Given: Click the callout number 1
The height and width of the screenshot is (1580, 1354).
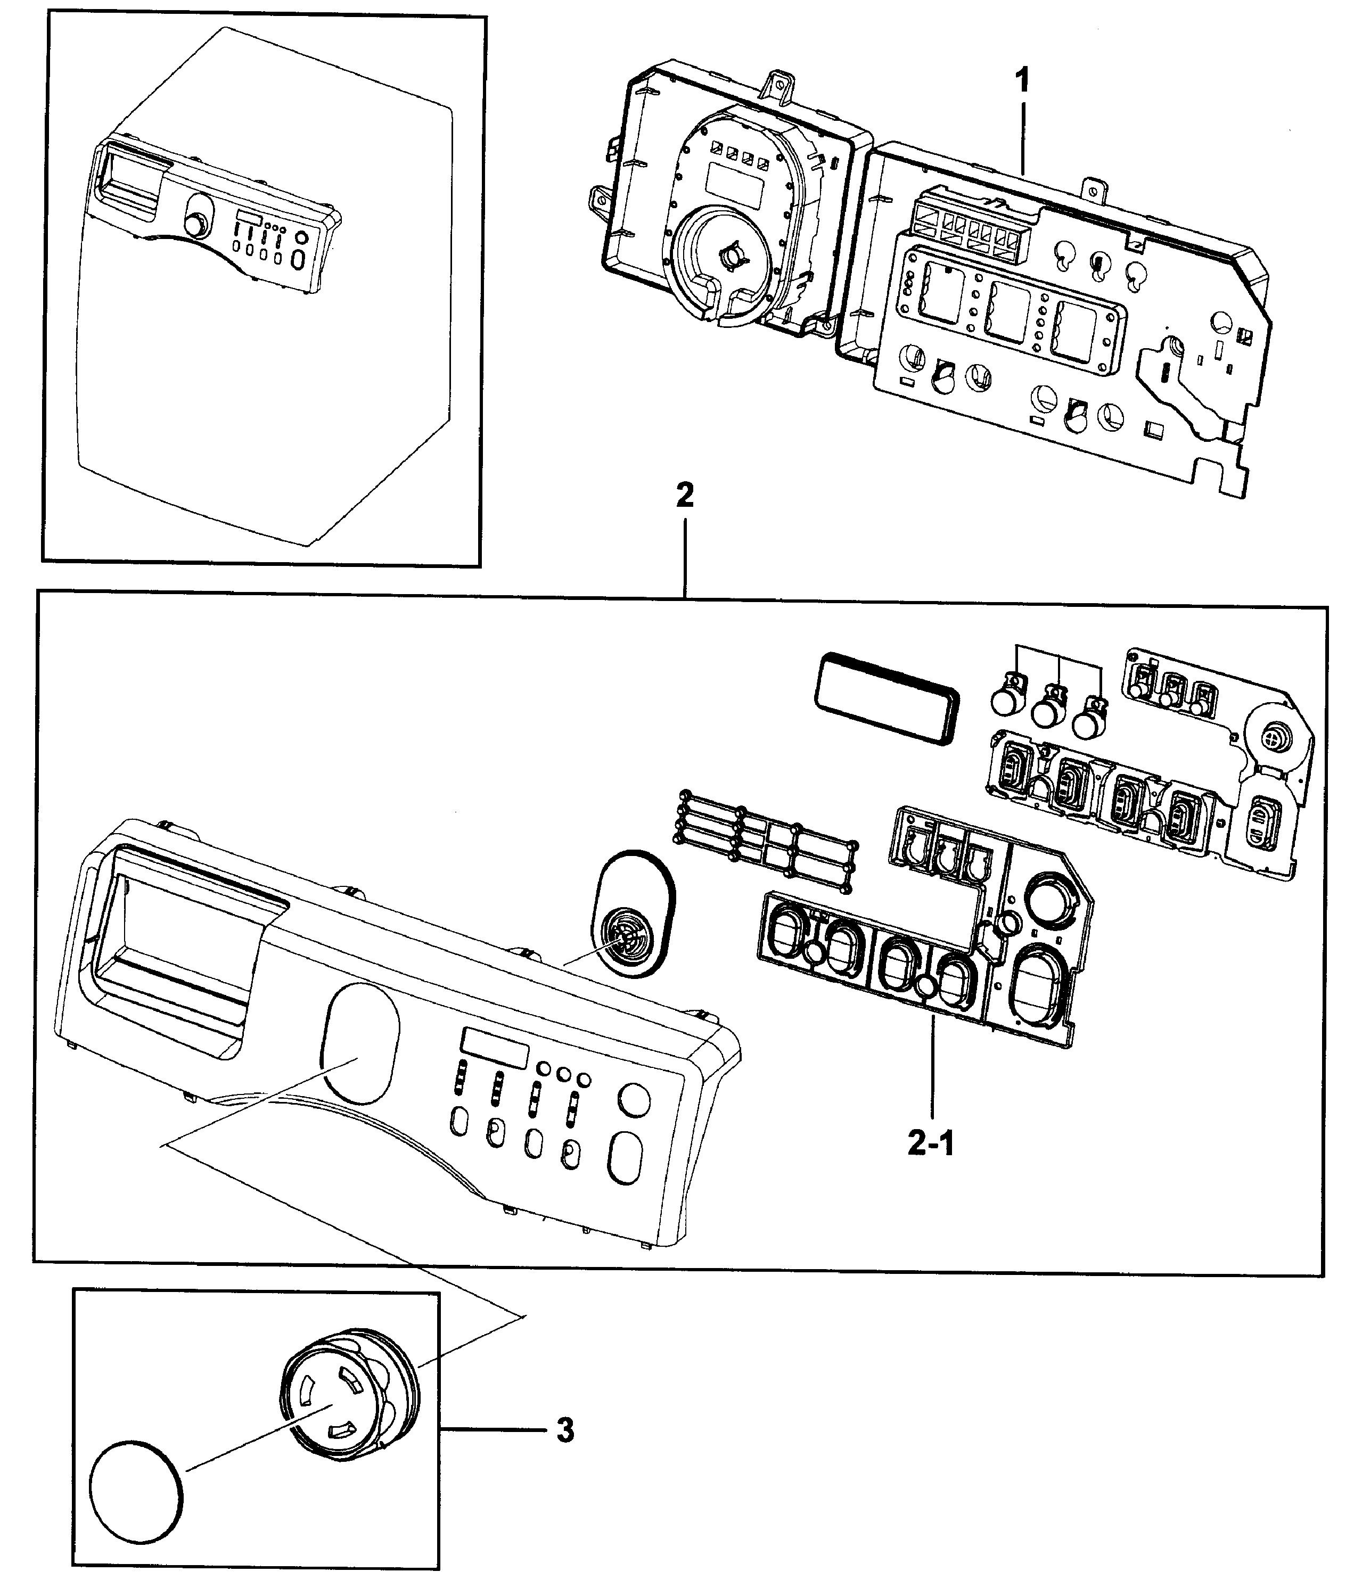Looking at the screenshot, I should (x=1022, y=80).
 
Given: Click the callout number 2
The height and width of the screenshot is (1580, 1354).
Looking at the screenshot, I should (x=685, y=496).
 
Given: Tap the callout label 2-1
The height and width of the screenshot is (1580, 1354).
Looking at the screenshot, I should (x=931, y=1164).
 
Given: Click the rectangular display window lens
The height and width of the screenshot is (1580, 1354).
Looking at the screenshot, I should (x=887, y=698).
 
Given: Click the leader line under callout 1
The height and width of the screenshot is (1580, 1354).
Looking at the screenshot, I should (x=1022, y=137).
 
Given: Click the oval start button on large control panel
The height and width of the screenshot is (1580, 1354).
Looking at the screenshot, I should (x=625, y=1157).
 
